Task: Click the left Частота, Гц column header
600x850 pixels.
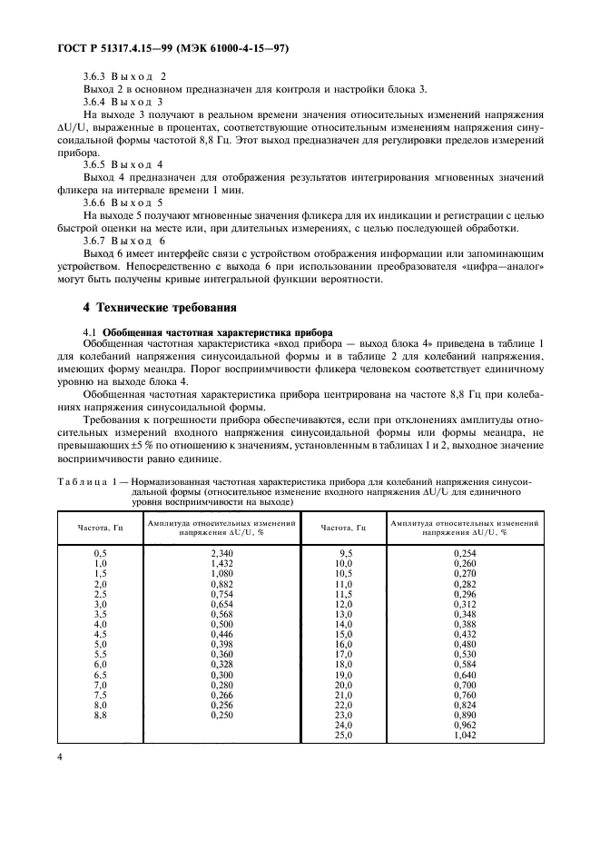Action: (102, 527)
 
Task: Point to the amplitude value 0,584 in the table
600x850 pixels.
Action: (464, 665)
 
